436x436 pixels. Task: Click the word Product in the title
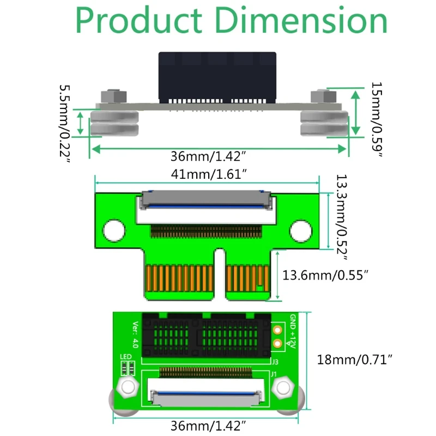tap(139, 20)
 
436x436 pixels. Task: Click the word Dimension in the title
tap(301, 20)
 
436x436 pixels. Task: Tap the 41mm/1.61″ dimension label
tap(209, 174)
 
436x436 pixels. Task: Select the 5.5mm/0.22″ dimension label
tap(65, 124)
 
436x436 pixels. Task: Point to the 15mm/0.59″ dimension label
tap(377, 119)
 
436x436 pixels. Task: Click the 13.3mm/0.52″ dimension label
tap(342, 217)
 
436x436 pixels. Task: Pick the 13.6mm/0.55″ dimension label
tap(325, 275)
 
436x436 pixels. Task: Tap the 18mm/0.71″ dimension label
tap(355, 360)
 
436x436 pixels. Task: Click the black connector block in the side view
tap(217, 77)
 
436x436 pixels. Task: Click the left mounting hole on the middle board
tap(114, 231)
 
